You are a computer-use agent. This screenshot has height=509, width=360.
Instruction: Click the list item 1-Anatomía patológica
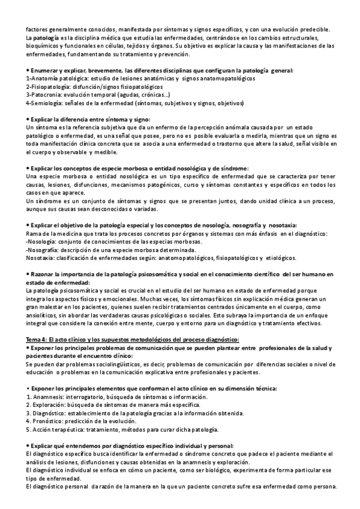click(54, 79)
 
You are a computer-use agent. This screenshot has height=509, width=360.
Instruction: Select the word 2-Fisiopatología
click(46, 86)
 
